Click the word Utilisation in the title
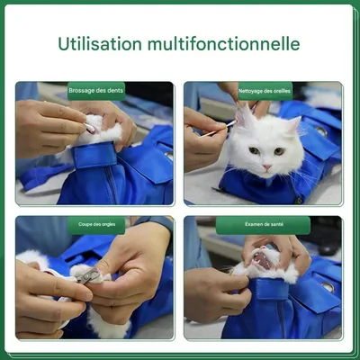click(x=101, y=44)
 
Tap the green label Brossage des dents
click(x=96, y=89)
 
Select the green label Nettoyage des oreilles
click(x=265, y=89)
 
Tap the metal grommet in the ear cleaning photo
click(x=321, y=130)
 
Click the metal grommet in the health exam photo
click(x=328, y=285)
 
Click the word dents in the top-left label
click(x=112, y=89)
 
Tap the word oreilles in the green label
click(x=281, y=89)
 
